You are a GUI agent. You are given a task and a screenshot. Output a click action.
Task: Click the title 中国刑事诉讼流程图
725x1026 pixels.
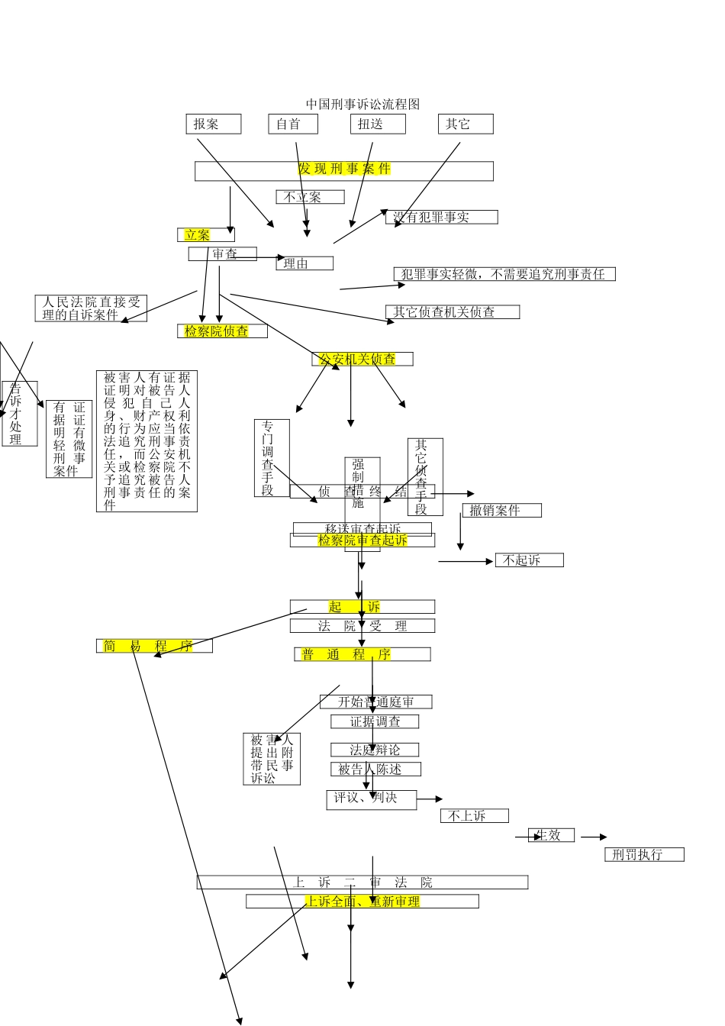tap(362, 104)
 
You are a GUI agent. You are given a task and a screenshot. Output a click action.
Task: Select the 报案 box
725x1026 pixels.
tap(213, 124)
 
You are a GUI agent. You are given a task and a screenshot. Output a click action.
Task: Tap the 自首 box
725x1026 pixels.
tap(292, 124)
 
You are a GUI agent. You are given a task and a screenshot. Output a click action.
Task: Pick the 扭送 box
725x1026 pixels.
tap(378, 124)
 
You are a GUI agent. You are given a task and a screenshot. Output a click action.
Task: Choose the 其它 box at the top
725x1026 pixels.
tap(465, 124)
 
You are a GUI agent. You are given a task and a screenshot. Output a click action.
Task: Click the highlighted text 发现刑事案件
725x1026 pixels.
tap(344, 169)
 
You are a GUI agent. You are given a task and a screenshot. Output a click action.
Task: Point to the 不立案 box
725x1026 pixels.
tap(310, 197)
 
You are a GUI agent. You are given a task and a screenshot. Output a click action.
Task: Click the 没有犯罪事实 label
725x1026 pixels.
tap(441, 218)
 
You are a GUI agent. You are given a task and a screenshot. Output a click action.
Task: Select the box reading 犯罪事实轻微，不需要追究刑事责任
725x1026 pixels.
tap(504, 274)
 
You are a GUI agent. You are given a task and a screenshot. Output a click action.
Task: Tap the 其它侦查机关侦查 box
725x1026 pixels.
tap(453, 311)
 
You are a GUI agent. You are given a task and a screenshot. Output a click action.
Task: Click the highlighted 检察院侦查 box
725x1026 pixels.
tap(221, 331)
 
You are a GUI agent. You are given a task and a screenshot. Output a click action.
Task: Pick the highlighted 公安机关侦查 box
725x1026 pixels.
tap(362, 359)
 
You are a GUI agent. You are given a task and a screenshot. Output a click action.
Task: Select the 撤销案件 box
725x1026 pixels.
tap(501, 510)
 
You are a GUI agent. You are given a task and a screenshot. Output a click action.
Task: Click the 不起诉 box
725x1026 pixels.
tap(529, 560)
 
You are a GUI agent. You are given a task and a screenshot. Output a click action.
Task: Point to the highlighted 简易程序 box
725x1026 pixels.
tap(154, 646)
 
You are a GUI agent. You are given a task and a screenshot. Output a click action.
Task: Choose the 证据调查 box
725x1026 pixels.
tap(374, 721)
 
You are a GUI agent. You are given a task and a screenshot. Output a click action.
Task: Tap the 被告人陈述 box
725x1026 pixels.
tap(375, 769)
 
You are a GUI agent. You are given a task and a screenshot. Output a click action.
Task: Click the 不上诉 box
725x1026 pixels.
tap(474, 816)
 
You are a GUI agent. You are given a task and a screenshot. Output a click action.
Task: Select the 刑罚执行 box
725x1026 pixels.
tap(643, 854)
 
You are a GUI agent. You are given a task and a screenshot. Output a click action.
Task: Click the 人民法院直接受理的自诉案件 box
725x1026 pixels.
tap(91, 308)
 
